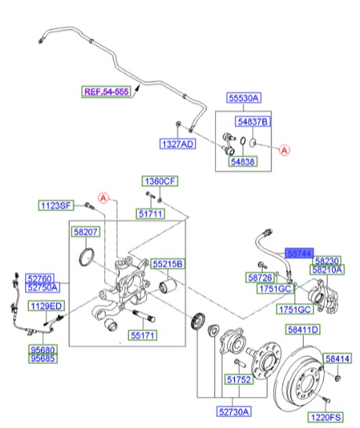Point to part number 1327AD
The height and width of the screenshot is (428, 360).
pyautogui.click(x=178, y=146)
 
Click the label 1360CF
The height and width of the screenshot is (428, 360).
pyautogui.click(x=160, y=182)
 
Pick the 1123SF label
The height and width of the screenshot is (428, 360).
pyautogui.click(x=56, y=205)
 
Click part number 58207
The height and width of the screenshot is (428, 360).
pyautogui.click(x=85, y=233)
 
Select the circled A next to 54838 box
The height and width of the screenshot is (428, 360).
pyautogui.click(x=284, y=148)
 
